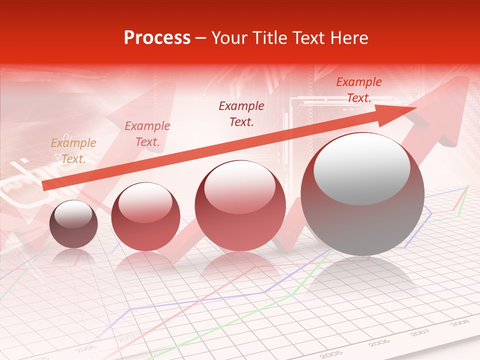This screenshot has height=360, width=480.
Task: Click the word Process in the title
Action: click(x=157, y=38)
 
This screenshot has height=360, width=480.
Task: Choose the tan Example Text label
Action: click(x=73, y=151)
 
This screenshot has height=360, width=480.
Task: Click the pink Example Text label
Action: click(x=147, y=134)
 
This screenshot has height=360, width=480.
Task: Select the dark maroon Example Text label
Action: click(x=241, y=113)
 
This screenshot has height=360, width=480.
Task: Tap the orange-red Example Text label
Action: click(x=359, y=90)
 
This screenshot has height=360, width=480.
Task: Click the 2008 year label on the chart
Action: click(x=459, y=323)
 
